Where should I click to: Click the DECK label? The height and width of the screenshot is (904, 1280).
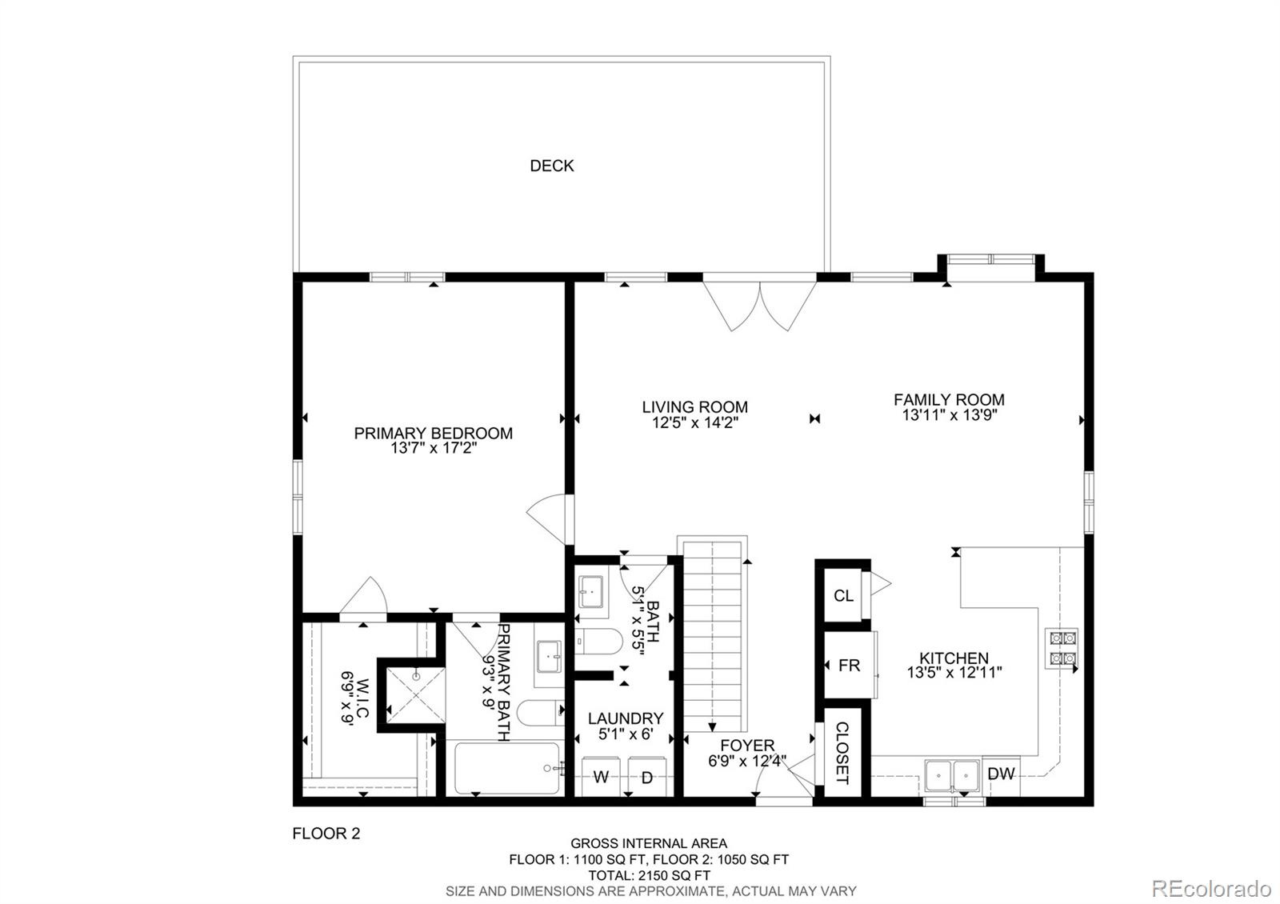click(551, 166)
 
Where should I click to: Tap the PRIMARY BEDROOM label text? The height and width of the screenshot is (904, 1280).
click(433, 433)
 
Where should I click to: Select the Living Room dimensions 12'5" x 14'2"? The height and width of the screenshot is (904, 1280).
click(694, 422)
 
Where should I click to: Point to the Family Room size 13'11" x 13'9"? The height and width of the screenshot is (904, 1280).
click(949, 415)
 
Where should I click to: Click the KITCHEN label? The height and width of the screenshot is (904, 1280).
click(954, 658)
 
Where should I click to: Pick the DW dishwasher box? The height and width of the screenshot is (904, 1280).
click(1001, 774)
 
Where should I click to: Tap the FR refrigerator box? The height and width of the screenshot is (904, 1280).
click(848, 665)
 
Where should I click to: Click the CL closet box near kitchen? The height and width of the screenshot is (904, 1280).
click(843, 595)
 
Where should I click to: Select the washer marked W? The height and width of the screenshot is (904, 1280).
click(601, 777)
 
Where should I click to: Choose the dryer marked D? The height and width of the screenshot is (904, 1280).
click(647, 777)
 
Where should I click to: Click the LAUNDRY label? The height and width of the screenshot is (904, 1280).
click(626, 718)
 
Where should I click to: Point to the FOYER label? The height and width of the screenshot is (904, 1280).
click(747, 746)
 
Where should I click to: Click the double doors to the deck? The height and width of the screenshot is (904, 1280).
click(759, 304)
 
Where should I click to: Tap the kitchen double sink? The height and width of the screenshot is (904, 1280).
click(952, 774)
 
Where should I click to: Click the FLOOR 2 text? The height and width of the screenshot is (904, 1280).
click(326, 834)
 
